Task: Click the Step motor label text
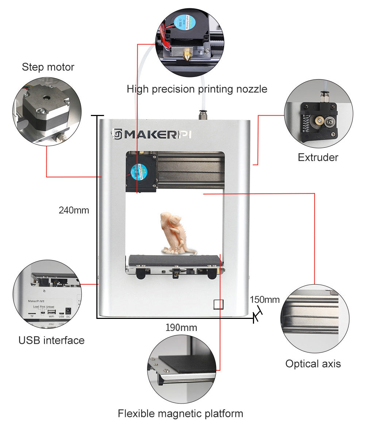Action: (x=48, y=67)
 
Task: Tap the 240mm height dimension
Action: (x=74, y=210)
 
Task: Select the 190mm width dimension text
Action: (x=181, y=328)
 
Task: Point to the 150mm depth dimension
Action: (x=265, y=300)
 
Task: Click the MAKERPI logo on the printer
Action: (x=151, y=134)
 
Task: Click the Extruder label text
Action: (x=318, y=157)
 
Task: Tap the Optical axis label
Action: (x=313, y=364)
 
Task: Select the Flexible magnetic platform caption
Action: (x=180, y=413)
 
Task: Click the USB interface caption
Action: (x=51, y=340)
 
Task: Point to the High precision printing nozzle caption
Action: (x=197, y=89)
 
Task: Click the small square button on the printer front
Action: (x=218, y=304)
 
